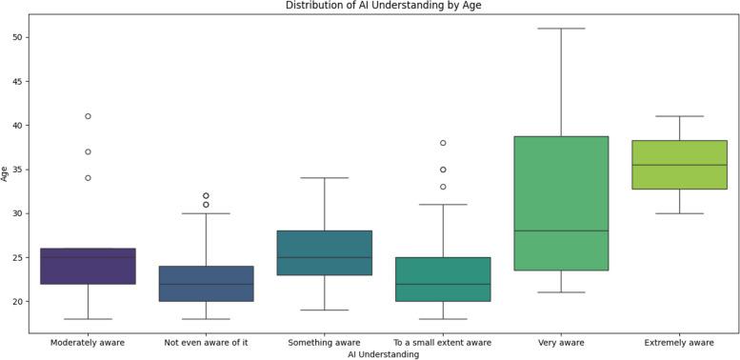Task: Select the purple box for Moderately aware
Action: point(88,266)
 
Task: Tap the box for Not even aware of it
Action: point(206,283)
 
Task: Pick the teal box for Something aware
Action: point(324,252)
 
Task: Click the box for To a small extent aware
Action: point(443,279)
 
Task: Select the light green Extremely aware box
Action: point(679,165)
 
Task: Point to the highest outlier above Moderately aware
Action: point(88,116)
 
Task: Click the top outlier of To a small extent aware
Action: point(443,143)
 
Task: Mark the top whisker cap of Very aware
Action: point(561,29)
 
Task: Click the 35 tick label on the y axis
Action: point(20,170)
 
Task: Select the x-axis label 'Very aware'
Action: point(561,341)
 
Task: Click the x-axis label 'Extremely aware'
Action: point(679,341)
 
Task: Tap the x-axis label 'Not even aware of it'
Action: point(206,341)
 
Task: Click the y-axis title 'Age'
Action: point(6,173)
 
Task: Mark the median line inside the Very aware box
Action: point(561,230)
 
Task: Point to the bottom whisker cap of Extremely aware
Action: point(679,213)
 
